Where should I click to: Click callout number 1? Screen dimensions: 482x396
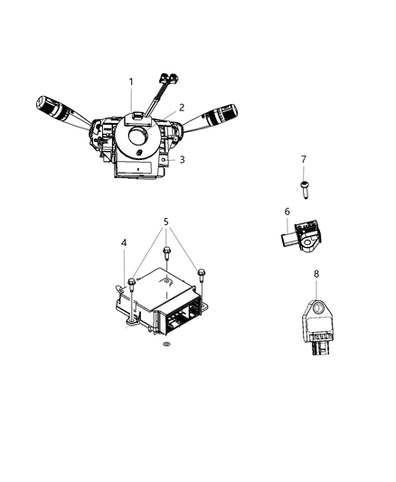[131, 82]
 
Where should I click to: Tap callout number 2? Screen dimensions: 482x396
[181, 108]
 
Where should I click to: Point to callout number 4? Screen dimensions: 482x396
[123, 241]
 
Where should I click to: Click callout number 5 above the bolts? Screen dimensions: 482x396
[165, 221]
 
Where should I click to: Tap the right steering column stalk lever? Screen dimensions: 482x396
[218, 117]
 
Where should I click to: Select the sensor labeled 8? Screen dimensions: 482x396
[317, 317]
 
